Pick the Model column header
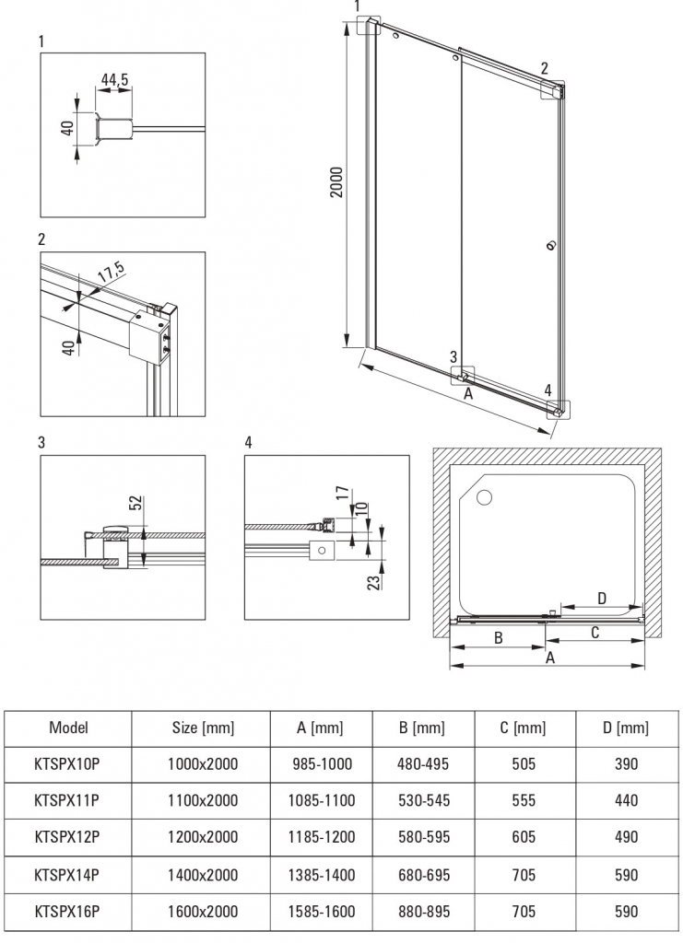68,728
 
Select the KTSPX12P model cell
68,836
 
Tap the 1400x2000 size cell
203,873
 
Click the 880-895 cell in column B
424,910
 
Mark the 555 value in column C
524,800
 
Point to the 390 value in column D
626,764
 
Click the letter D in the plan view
601,598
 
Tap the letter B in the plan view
497,636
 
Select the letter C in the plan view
595,632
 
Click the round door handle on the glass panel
551,245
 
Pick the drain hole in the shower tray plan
486,498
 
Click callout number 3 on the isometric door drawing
453,357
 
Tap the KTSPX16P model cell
68,910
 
